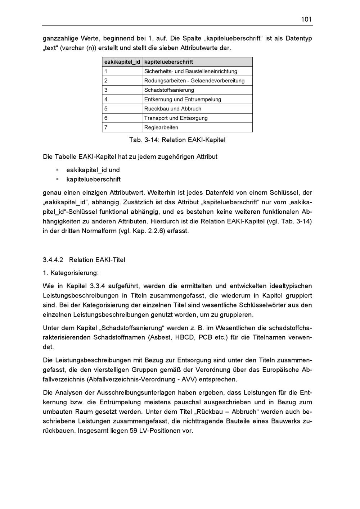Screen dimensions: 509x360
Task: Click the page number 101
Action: coord(306,19)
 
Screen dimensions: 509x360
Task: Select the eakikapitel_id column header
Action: coord(122,62)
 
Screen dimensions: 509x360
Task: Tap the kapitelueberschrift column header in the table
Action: coord(168,62)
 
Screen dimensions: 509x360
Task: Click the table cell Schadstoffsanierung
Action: coord(169,90)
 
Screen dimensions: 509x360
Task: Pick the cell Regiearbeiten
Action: coord(161,127)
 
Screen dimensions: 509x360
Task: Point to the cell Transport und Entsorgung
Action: coord(176,118)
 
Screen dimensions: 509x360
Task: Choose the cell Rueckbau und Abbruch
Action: coord(173,109)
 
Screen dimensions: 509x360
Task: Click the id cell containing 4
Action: coord(106,99)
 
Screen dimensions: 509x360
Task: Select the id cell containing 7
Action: coord(106,127)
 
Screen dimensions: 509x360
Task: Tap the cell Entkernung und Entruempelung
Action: coord(183,99)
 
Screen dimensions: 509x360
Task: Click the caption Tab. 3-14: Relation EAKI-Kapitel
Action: coord(177,140)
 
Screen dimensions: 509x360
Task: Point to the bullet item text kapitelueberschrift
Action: coord(94,179)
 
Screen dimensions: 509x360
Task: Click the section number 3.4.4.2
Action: coord(53,260)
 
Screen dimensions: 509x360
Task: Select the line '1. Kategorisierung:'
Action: coord(71,273)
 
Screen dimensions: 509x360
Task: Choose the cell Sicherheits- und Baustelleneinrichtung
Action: coord(191,71)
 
